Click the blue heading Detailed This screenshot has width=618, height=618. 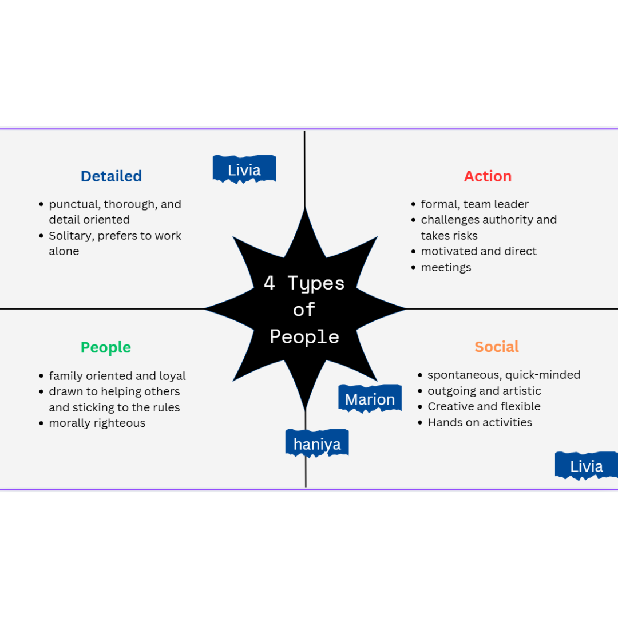(111, 176)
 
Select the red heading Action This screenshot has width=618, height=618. (488, 176)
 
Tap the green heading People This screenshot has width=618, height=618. (106, 347)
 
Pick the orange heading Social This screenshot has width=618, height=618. (496, 347)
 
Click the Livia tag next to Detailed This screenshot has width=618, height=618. (244, 169)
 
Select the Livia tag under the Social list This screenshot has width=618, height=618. (586, 466)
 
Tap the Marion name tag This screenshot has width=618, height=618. (370, 399)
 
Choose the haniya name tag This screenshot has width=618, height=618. (316, 443)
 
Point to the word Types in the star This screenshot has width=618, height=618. (316, 283)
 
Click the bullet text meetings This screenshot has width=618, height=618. (446, 267)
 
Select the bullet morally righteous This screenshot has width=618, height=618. (97, 423)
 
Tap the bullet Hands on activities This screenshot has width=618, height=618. (480, 422)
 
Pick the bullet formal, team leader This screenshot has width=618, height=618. (474, 204)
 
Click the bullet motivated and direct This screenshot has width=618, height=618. (478, 251)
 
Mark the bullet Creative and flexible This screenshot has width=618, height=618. (484, 406)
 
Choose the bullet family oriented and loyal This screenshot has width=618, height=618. (117, 376)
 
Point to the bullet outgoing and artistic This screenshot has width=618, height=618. (484, 391)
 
